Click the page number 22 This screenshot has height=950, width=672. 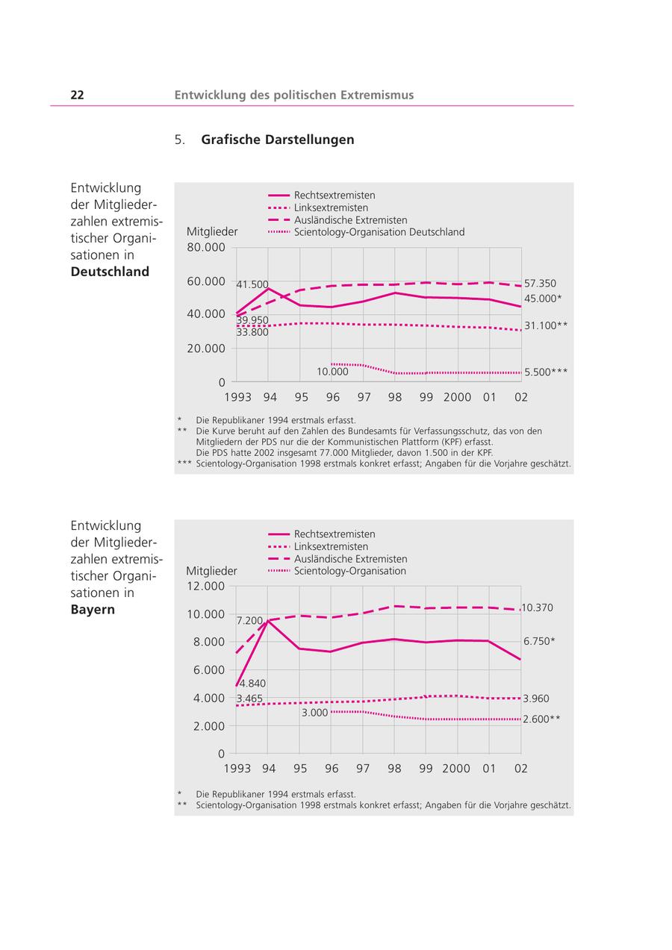tap(77, 95)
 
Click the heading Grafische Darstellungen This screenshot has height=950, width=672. tap(277, 140)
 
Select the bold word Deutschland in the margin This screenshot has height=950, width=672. tap(110, 272)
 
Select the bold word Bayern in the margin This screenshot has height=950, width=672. tap(93, 609)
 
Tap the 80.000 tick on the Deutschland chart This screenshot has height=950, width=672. tap(205, 247)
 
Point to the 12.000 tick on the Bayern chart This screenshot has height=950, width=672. tap(205, 586)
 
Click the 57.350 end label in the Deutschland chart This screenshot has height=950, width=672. tap(540, 284)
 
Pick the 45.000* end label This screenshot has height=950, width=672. tap(543, 299)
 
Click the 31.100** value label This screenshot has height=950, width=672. tap(546, 325)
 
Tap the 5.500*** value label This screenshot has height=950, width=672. tap(546, 372)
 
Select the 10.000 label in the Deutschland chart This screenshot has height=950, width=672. tap(332, 372)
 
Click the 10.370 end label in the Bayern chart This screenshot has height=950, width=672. tap(538, 608)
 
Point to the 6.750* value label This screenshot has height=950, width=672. tap(539, 641)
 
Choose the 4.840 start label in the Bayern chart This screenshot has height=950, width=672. tap(252, 683)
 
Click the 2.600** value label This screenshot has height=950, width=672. tap(541, 719)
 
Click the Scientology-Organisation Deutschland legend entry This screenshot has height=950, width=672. tap(379, 232)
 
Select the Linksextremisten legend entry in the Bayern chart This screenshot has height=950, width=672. tap(331, 546)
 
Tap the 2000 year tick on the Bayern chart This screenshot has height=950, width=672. tap(456, 769)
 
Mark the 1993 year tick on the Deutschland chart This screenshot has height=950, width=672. tap(237, 397)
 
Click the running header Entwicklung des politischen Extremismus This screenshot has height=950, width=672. tap(293, 95)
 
